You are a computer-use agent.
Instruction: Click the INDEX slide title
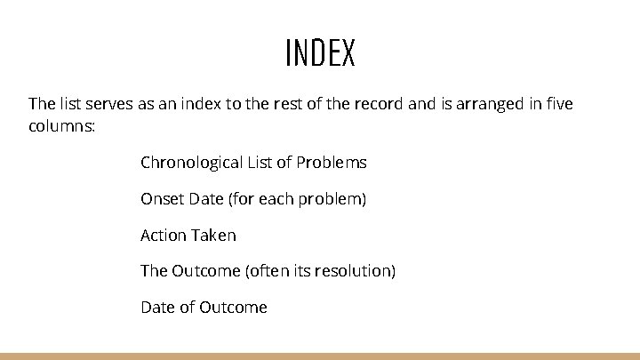(320, 53)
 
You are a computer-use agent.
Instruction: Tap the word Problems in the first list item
(331, 163)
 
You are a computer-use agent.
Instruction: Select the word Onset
(162, 199)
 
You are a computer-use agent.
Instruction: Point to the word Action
(163, 236)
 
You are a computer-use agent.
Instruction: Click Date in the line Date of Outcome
(157, 308)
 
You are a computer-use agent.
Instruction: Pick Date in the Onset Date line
(205, 199)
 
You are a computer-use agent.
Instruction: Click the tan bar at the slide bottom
(320, 356)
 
